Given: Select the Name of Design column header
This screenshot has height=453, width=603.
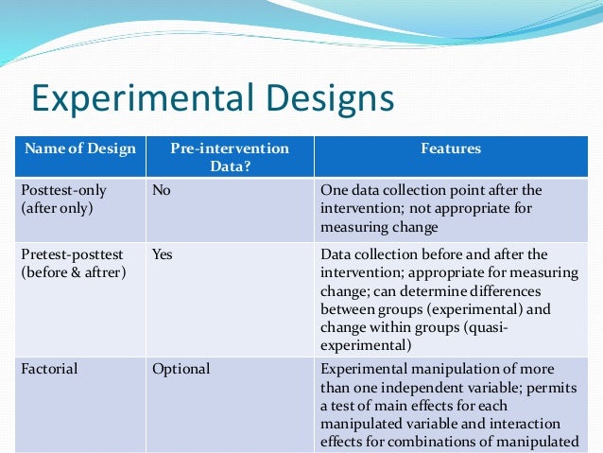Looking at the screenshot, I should pyautogui.click(x=80, y=148).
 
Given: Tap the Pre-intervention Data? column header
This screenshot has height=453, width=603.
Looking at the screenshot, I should pyautogui.click(x=230, y=157).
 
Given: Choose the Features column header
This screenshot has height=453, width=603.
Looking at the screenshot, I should pyautogui.click(x=451, y=148).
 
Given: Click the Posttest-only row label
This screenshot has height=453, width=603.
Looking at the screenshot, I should pyautogui.click(x=63, y=190).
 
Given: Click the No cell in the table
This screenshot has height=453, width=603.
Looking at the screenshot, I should pyautogui.click(x=162, y=190).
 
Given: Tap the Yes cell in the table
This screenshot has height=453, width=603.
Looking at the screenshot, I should pyautogui.click(x=163, y=254).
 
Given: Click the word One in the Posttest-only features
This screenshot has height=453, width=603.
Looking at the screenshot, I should pyautogui.click(x=335, y=190).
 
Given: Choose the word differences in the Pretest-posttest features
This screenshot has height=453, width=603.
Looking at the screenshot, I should pyautogui.click(x=523, y=290).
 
